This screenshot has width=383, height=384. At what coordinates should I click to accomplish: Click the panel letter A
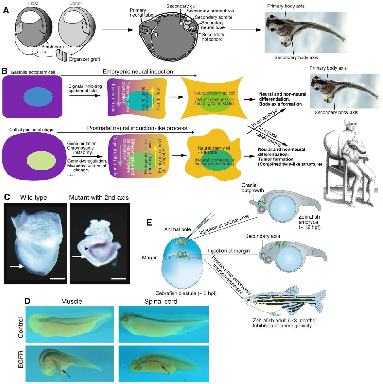coord(6,10)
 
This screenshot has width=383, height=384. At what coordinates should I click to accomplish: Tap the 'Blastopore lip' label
coord(52,49)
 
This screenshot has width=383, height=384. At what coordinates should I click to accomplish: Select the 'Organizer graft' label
coord(84,59)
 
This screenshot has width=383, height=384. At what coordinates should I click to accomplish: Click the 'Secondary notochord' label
coord(213,37)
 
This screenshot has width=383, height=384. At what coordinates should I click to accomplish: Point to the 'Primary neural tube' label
coord(141,12)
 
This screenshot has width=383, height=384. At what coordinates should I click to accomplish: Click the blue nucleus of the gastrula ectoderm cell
coord(38,97)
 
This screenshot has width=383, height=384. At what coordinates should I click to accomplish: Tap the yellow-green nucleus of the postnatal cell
coord(41,160)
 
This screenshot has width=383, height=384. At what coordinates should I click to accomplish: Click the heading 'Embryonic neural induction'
coord(138,72)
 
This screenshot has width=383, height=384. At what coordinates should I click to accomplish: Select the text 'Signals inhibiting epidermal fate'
coord(85,88)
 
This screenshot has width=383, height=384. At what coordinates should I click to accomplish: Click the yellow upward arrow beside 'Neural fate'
coord(152,98)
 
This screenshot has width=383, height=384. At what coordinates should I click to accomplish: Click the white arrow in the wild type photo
coord(17,266)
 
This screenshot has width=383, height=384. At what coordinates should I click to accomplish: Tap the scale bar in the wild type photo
coord(58,279)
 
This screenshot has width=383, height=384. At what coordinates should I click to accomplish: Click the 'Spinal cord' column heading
coord(161,301)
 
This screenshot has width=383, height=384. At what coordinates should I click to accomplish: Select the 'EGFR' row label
coord(21,359)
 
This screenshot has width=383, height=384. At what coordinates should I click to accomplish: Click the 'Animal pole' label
coord(177,229)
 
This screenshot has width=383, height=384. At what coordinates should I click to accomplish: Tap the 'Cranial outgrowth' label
coord(252,188)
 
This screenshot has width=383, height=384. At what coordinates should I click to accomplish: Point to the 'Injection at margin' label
coord(229,251)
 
